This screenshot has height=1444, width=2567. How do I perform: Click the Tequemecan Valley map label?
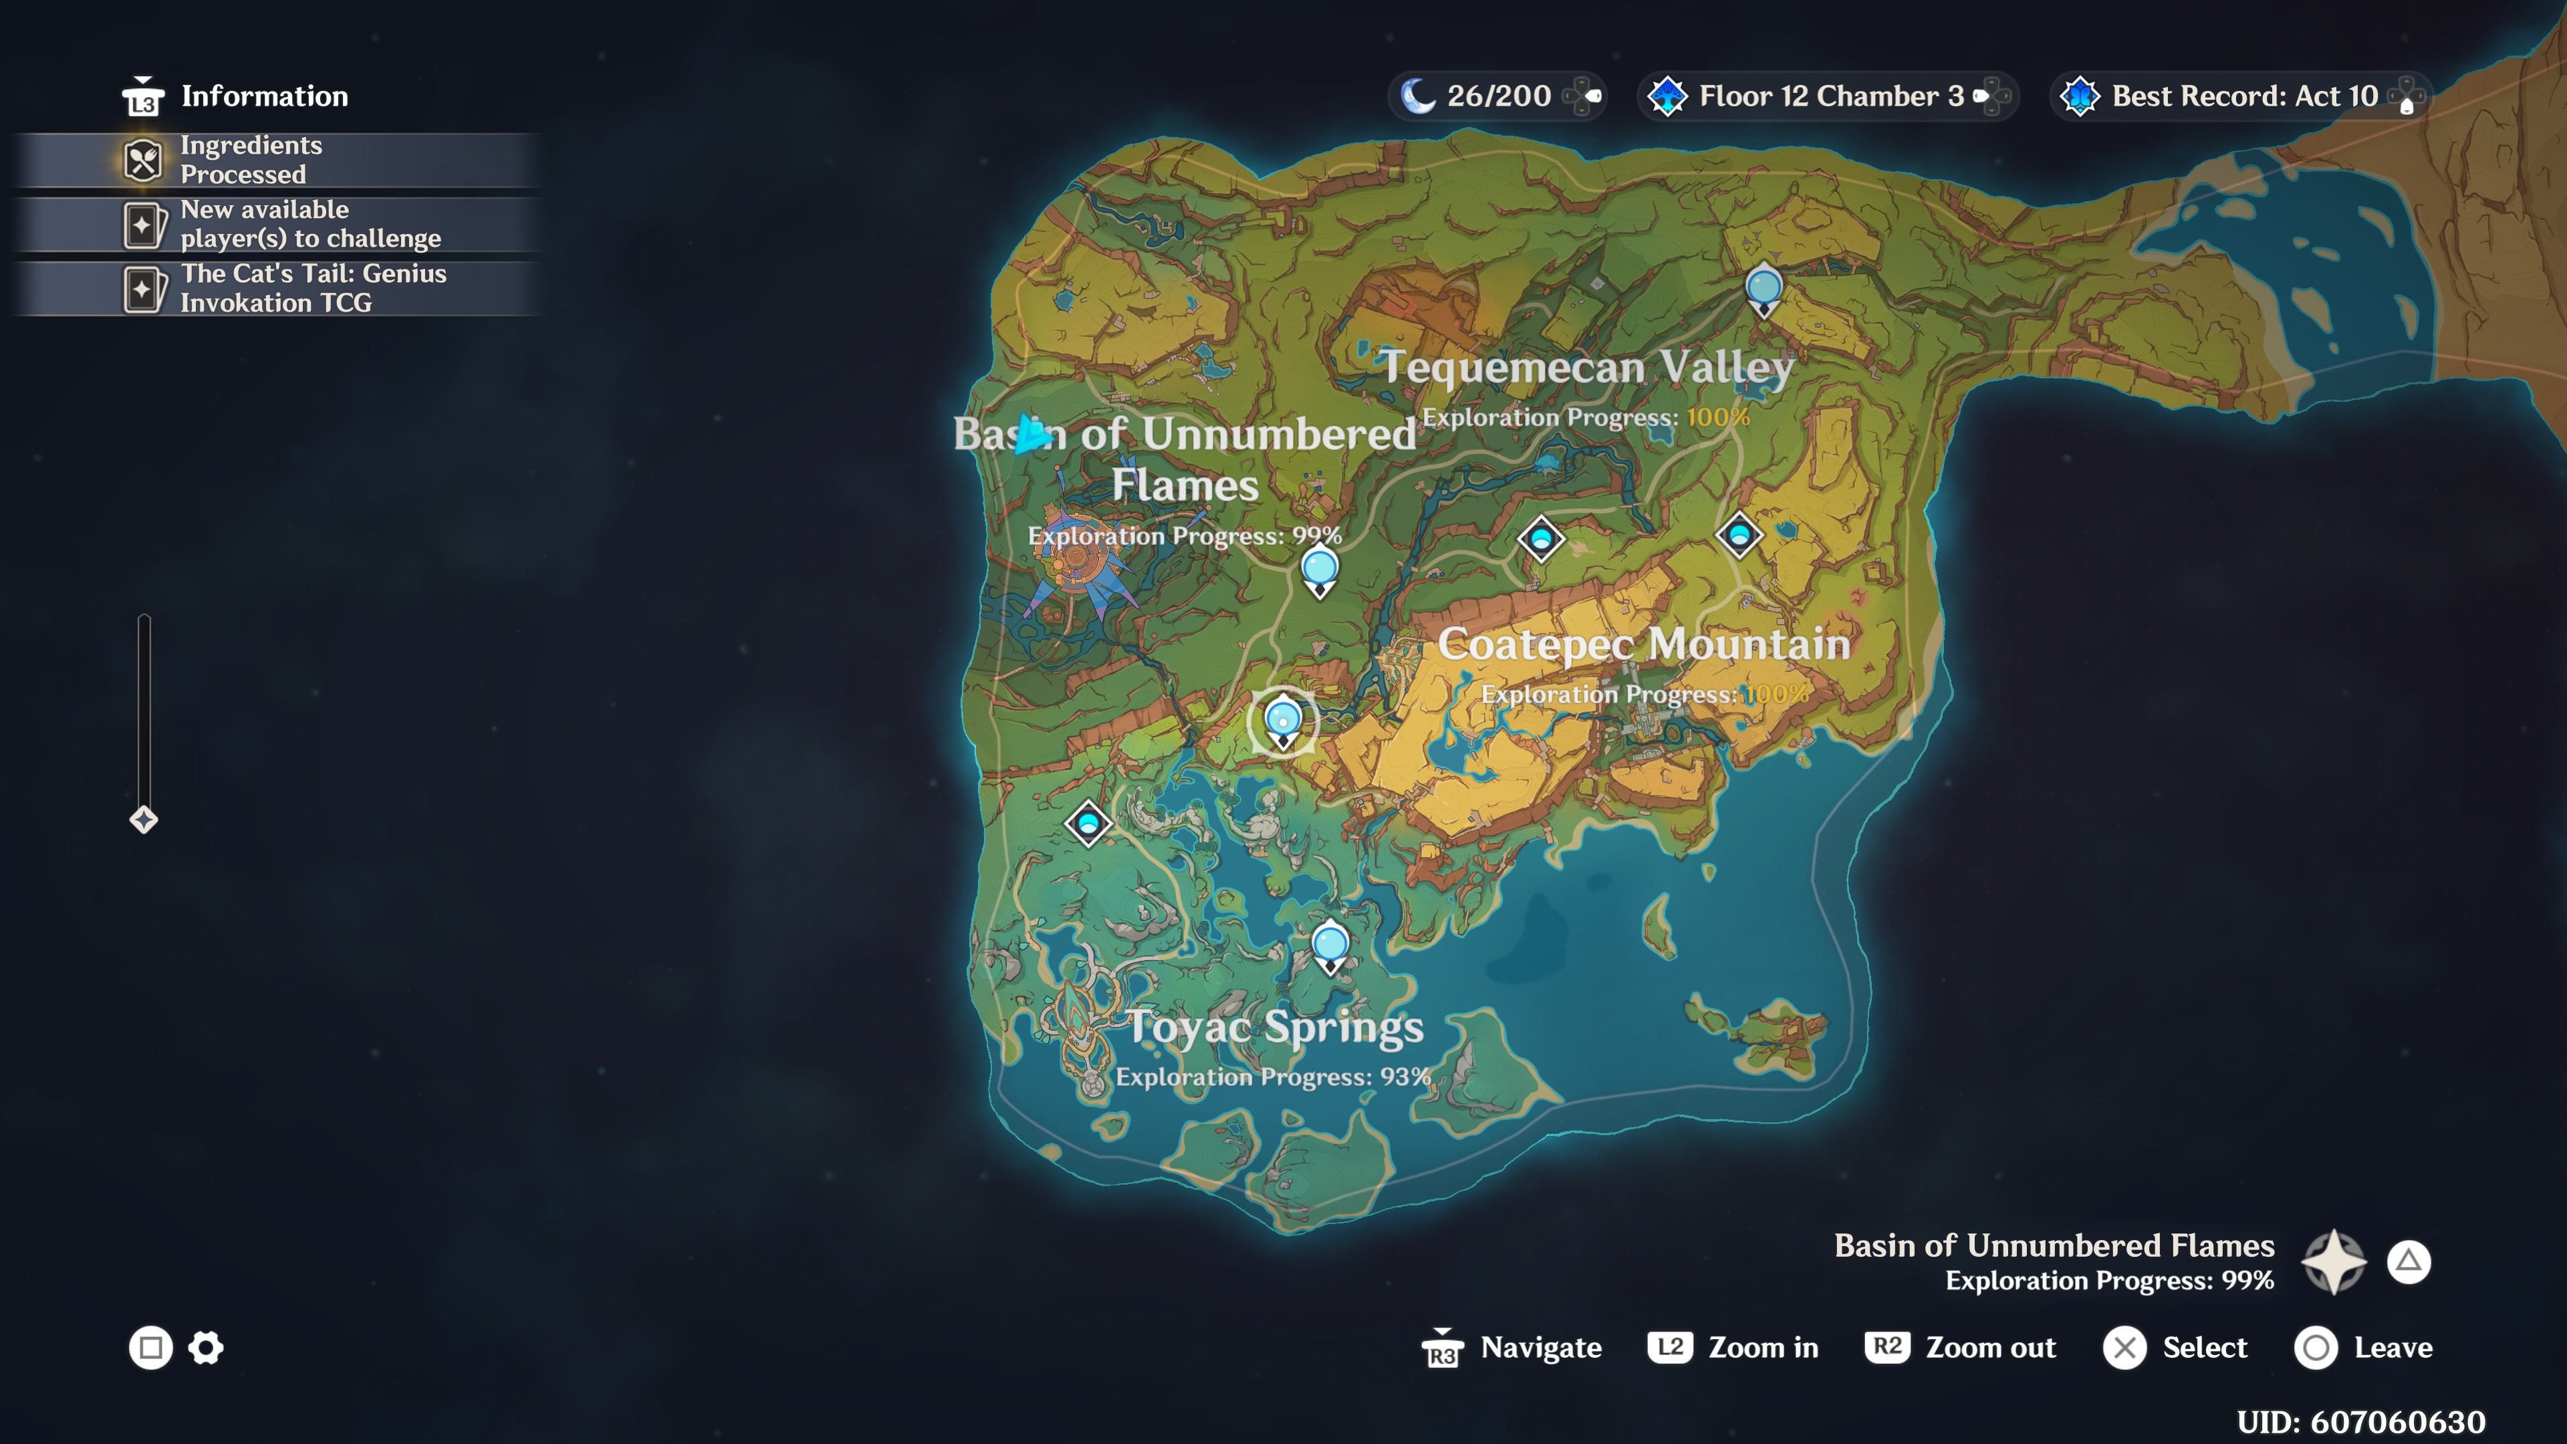pyautogui.click(x=1586, y=367)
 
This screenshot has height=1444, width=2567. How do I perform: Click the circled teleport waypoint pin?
pyautogui.click(x=1283, y=721)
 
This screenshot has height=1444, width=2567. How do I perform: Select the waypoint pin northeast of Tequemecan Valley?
pyautogui.click(x=1764, y=289)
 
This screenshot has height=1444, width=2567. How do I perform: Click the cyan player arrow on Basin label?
pyautogui.click(x=1031, y=435)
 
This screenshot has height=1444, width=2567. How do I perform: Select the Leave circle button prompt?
pyautogui.click(x=2362, y=1347)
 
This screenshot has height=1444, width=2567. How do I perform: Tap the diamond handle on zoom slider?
pyautogui.click(x=144, y=819)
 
